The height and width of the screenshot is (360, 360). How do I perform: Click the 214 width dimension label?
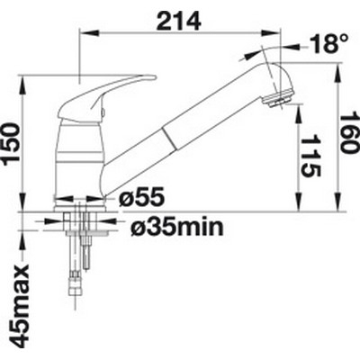click(x=179, y=21)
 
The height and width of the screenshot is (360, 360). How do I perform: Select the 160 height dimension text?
click(x=350, y=132)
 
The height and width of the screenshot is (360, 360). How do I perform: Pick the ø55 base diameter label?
click(x=141, y=197)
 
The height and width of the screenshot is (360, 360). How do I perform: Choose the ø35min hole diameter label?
click(x=177, y=227)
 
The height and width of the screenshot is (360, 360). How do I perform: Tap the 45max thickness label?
click(x=20, y=305)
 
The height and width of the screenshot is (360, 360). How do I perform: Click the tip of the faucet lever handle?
click(x=156, y=77)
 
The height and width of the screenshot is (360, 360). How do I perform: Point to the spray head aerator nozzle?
click(x=276, y=101)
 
